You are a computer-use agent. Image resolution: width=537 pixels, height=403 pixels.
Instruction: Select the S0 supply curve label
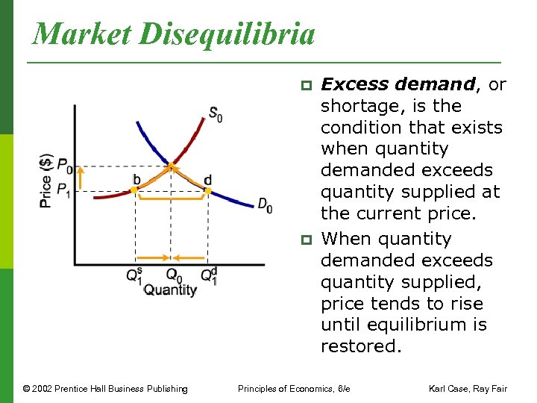pyautogui.click(x=215, y=114)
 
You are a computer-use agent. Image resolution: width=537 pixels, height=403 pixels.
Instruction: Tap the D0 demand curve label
pyautogui.click(x=265, y=204)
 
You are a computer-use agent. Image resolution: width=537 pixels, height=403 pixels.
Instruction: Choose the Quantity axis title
pyautogui.click(x=170, y=290)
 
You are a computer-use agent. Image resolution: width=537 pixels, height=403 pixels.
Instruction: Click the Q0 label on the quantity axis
pyautogui.click(x=172, y=275)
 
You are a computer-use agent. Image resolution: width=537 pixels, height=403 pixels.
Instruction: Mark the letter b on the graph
pyautogui.click(x=136, y=179)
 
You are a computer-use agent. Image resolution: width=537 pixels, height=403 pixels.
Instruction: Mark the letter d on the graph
pyautogui.click(x=207, y=179)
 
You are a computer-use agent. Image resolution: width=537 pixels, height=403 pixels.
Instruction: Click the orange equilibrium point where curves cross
pyautogui.click(x=172, y=165)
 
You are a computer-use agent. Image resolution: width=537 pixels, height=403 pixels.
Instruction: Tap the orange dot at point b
pyautogui.click(x=134, y=190)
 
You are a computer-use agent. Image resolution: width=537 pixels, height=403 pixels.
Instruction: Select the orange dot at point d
pyautogui.click(x=208, y=191)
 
